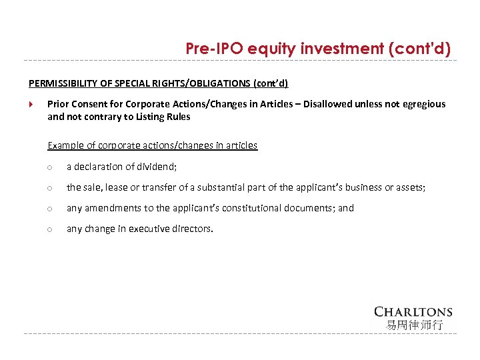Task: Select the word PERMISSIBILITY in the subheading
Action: tap(61, 83)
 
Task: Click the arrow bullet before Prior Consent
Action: tap(31, 104)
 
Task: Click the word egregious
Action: tap(421, 104)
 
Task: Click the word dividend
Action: tap(158, 167)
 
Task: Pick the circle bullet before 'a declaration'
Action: tap(50, 167)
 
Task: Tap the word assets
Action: tap(409, 187)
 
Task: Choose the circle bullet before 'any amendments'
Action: tap(50, 209)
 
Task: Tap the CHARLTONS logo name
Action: tap(413, 311)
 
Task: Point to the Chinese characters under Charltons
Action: tap(414, 325)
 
